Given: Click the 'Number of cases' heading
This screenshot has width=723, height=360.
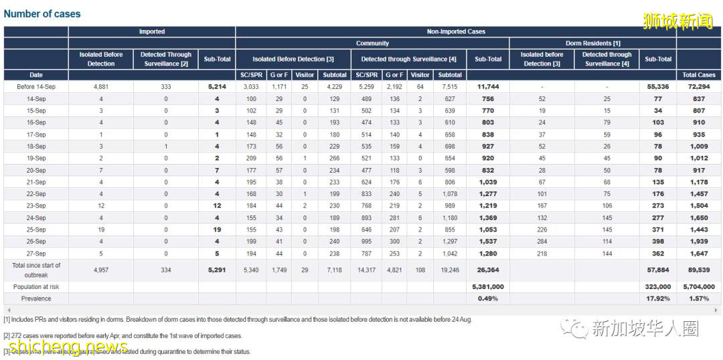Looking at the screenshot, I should [x=42, y=13].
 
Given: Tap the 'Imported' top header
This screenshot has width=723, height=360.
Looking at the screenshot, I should [x=152, y=31].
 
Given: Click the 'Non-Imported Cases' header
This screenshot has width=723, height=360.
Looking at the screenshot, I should [x=456, y=31].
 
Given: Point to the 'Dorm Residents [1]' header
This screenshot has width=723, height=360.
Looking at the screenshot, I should [x=592, y=43].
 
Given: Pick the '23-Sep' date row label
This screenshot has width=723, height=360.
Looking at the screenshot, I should [x=36, y=206].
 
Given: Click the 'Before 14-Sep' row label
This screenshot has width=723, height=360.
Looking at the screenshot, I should [x=36, y=87].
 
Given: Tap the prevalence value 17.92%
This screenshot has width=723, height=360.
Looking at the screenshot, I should [x=658, y=298].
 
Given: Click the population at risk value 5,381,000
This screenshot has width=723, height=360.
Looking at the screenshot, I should [x=488, y=286].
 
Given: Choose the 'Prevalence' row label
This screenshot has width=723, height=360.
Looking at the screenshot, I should [x=36, y=298].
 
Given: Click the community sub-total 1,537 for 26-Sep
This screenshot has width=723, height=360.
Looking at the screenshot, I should [x=488, y=242].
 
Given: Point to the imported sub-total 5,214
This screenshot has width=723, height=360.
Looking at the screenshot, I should [x=217, y=87].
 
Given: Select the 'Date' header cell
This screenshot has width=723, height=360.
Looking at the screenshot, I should [x=36, y=75].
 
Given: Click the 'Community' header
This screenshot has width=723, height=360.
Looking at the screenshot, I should [x=372, y=43].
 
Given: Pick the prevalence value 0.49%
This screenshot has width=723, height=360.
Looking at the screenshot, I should [x=488, y=298].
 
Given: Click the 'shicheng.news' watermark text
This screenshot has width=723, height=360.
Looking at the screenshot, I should [x=68, y=347].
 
